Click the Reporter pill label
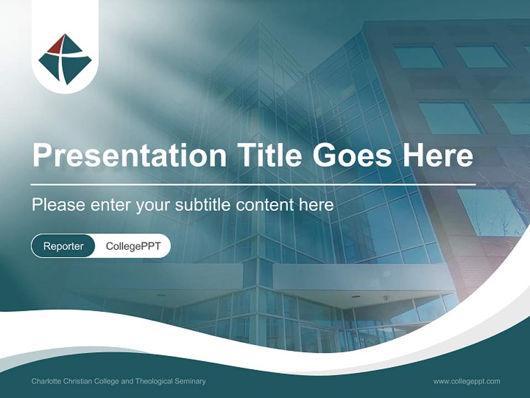click(63, 246)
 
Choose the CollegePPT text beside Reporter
click(133, 246)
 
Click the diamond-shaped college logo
click(65, 59)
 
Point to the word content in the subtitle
click(265, 205)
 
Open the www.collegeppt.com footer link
click(467, 381)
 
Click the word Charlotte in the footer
click(46, 381)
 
